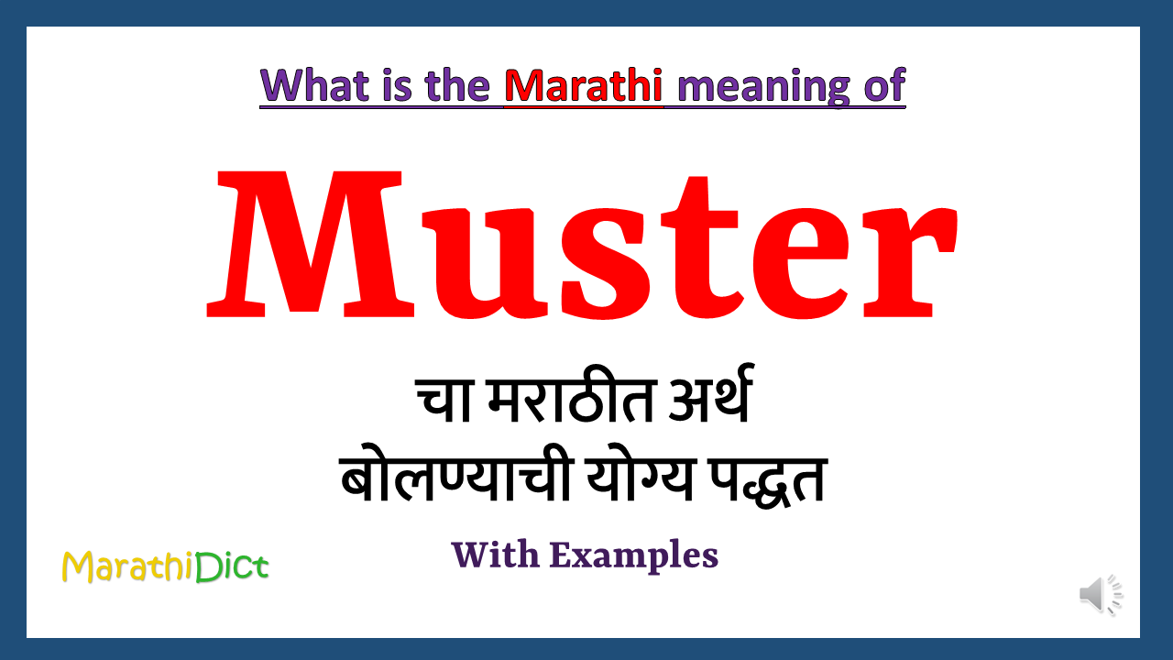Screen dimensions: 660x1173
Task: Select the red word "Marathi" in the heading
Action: [x=584, y=85]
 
